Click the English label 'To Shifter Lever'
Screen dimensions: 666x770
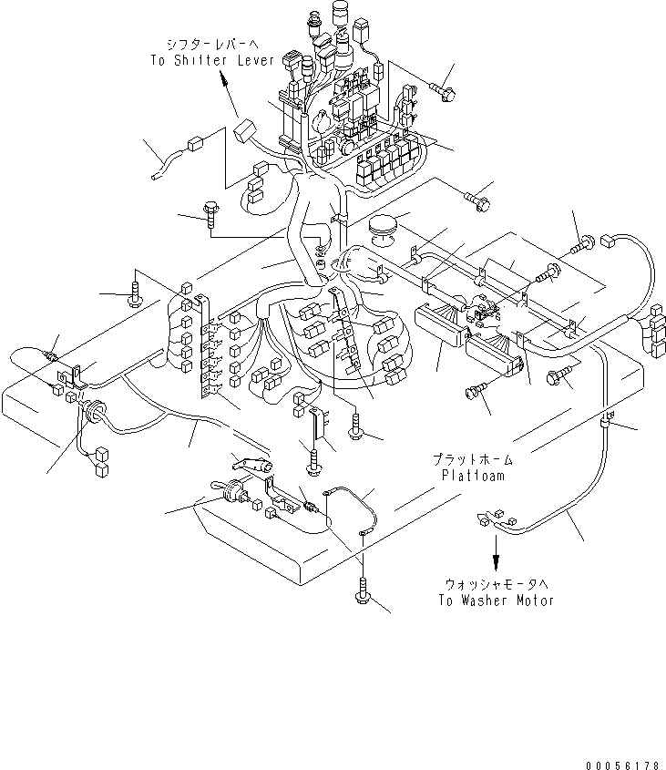click(x=212, y=60)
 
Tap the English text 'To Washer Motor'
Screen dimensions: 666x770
click(x=496, y=601)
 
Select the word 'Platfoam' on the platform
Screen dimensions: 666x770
click(x=473, y=476)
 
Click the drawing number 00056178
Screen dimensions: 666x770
click(x=622, y=765)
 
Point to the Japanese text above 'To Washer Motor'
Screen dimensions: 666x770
click(x=496, y=585)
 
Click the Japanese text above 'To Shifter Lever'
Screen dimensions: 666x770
click(x=212, y=45)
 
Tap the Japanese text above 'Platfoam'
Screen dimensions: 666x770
click(x=473, y=459)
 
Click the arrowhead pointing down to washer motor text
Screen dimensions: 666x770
click(x=496, y=560)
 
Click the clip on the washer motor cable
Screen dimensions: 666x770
click(x=606, y=420)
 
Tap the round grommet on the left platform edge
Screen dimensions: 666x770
click(x=92, y=410)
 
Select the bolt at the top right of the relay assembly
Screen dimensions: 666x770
click(x=442, y=91)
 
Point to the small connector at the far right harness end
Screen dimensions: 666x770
click(x=608, y=241)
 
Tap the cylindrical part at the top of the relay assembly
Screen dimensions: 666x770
click(x=340, y=14)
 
